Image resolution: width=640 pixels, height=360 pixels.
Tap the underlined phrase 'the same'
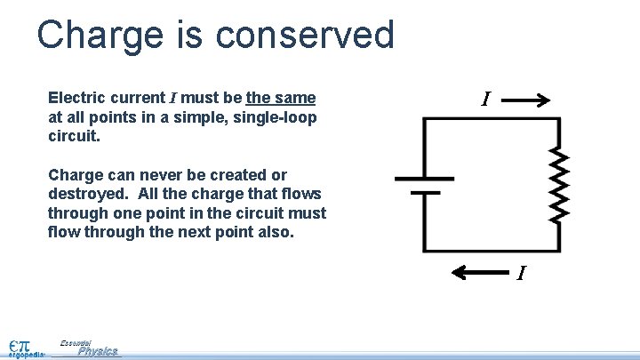click(x=281, y=98)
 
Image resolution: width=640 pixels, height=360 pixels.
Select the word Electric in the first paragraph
click(x=76, y=98)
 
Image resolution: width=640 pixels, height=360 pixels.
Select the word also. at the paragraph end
click(x=275, y=233)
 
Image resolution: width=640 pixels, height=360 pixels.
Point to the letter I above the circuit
click(x=484, y=100)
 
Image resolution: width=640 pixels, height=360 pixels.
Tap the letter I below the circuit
click(x=522, y=272)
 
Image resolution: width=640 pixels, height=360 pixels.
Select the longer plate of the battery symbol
click(x=426, y=177)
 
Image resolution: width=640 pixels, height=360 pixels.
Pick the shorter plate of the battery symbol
click(x=426, y=191)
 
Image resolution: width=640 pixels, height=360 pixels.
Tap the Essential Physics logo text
click(x=90, y=348)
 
